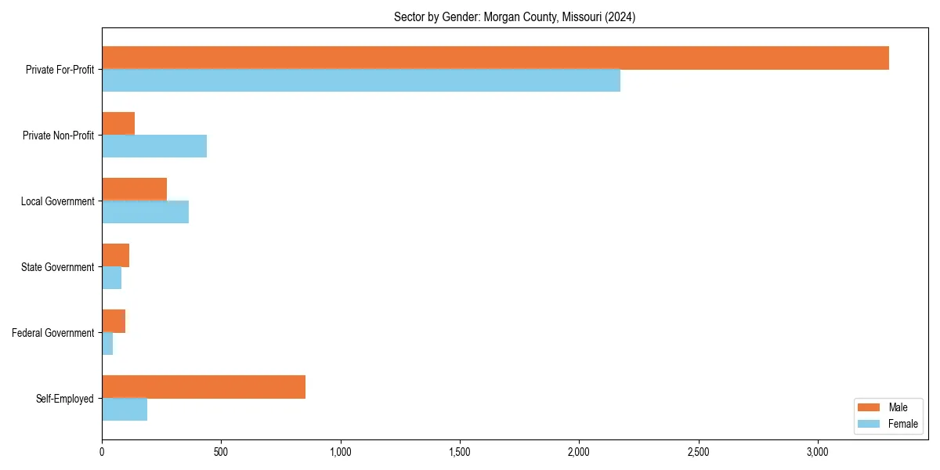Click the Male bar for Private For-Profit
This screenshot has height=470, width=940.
click(495, 58)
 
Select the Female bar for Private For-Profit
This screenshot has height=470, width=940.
click(361, 81)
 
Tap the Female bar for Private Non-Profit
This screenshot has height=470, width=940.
click(154, 146)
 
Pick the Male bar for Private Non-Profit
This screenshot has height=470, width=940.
click(118, 124)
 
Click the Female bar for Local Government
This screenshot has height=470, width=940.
click(145, 212)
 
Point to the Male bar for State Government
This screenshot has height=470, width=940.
click(115, 255)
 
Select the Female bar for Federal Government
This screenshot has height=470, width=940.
click(107, 344)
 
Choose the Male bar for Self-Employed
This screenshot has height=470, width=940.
click(204, 387)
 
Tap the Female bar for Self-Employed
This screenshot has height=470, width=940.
click(125, 410)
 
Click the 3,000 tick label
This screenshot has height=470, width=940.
click(817, 452)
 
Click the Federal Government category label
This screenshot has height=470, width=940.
click(52, 333)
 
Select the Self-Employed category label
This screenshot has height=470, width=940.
click(64, 399)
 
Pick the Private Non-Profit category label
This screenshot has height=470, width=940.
click(58, 136)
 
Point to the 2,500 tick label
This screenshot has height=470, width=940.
click(698, 452)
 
